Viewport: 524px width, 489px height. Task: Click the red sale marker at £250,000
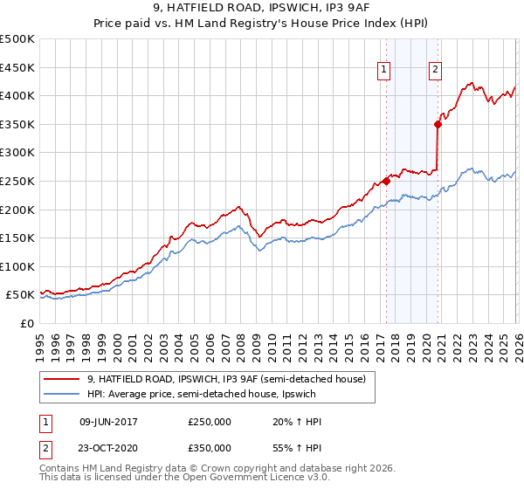coord(386,182)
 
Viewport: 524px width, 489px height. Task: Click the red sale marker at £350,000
coord(438,124)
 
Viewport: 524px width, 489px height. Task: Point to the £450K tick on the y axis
coord(17,67)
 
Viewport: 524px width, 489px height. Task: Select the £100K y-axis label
coord(17,266)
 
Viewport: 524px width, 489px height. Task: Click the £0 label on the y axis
coord(26,323)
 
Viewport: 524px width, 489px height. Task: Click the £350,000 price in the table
coord(210,447)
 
